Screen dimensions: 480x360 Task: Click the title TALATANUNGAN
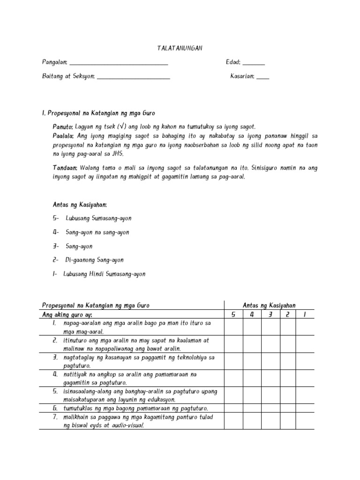point(180,49)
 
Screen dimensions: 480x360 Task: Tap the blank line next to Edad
point(254,64)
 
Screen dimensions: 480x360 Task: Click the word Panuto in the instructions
point(62,127)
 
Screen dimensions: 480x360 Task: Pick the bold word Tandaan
point(65,167)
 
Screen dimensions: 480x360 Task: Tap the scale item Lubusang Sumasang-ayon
point(98,218)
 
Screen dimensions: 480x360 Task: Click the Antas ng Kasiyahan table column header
point(269,305)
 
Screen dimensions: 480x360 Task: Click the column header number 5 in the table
point(233,314)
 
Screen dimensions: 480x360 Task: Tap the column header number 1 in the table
point(305,314)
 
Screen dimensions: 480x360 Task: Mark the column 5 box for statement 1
point(233,327)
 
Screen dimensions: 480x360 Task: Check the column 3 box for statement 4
point(270,378)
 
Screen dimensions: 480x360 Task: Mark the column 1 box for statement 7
point(305,420)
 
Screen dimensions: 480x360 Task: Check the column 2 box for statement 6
point(288,408)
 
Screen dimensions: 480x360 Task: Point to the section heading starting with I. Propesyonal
point(98,113)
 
